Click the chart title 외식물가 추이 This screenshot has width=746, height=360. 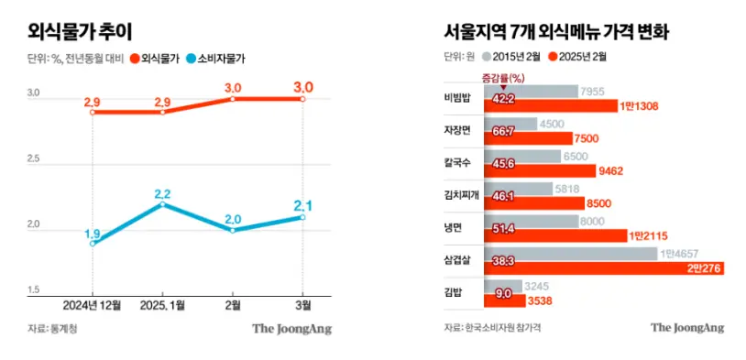tap(81, 31)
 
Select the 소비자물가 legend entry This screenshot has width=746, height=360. tap(214, 58)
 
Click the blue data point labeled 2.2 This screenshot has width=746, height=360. tap(163, 204)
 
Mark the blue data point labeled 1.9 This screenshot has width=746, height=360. tap(93, 244)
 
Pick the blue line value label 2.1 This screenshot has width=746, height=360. tap(303, 204)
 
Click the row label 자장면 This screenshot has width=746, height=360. tap(457, 131)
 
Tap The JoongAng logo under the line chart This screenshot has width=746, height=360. tap(292, 328)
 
